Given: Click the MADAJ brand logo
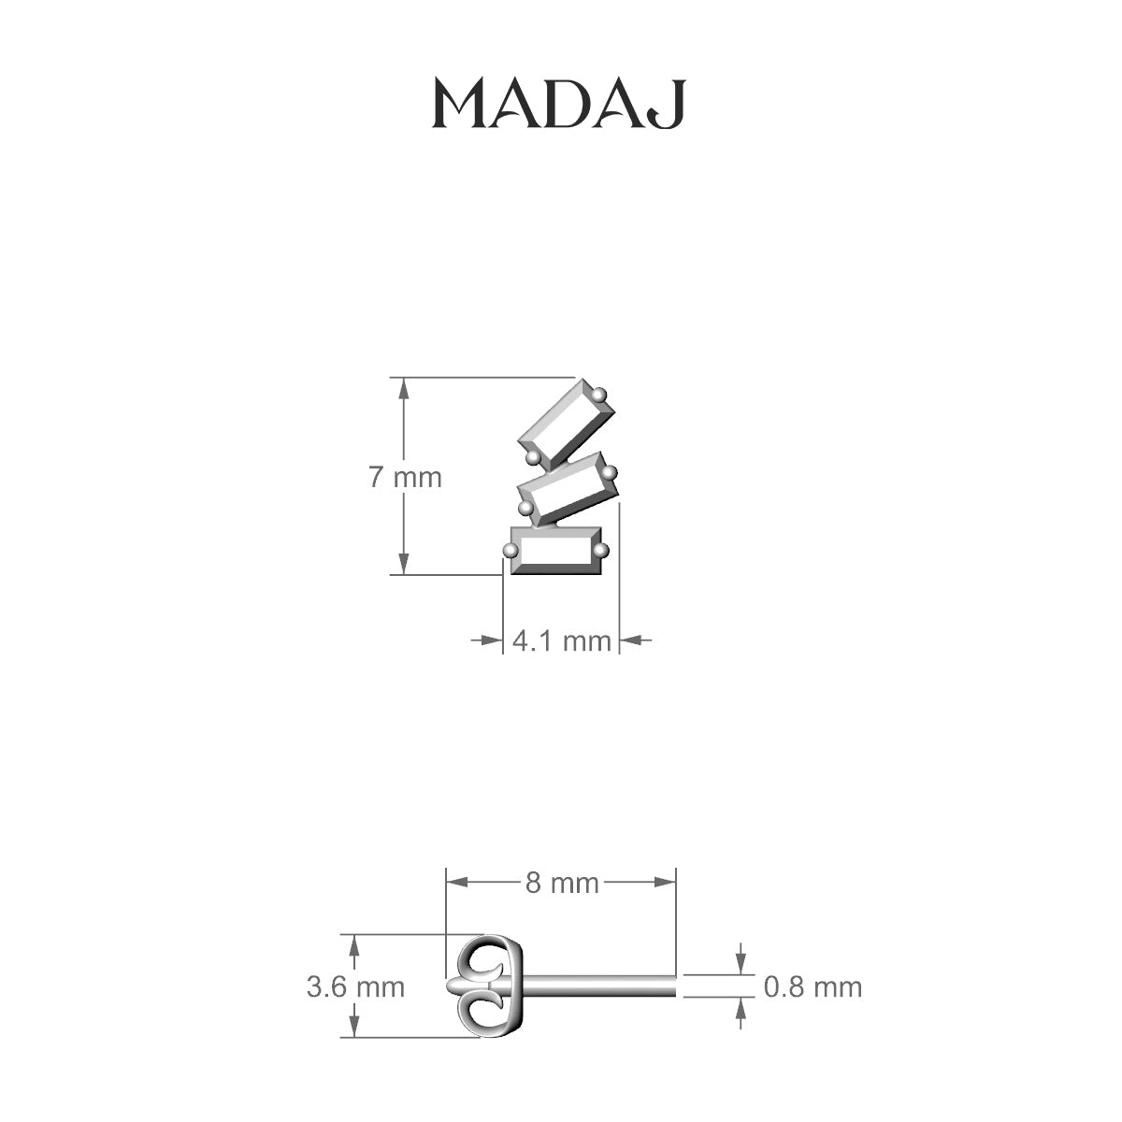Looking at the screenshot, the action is click(559, 104).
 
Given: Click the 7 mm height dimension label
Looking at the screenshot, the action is click(405, 478).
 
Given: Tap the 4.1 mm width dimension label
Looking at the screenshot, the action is click(562, 641).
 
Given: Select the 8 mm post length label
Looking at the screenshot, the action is click(562, 884).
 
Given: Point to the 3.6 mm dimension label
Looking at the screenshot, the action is click(355, 987).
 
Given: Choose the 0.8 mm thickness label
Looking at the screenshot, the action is click(813, 987).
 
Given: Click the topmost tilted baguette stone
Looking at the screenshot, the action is click(567, 424).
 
